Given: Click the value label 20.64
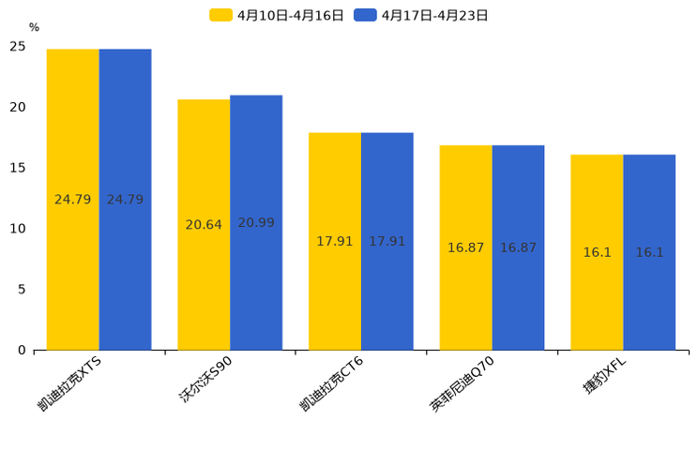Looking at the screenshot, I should coord(204,225).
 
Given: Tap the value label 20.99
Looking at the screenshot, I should coord(256,223).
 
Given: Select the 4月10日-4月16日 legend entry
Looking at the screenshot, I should coord(278,15).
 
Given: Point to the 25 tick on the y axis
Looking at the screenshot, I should coord(18,46).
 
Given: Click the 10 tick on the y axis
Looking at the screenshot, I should coord(18,229).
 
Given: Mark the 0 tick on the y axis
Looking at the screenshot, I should coord(22,351).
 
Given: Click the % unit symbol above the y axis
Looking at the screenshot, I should coord(34,27).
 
